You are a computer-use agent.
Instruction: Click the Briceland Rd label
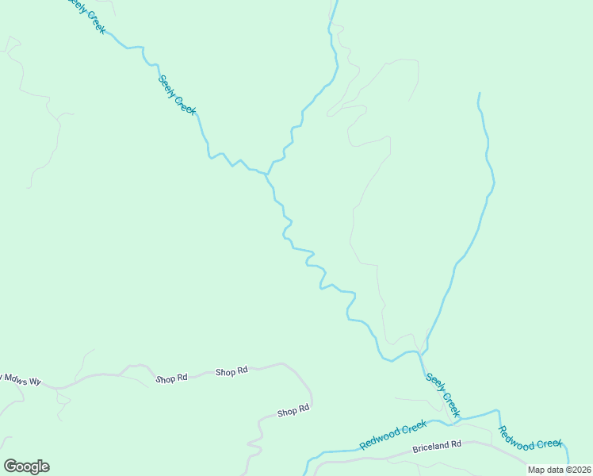436,447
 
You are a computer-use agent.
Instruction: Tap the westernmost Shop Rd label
171,378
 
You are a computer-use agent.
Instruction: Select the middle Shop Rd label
231,370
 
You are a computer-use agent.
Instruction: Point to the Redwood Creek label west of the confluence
392,435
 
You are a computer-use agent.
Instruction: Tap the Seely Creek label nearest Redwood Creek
442,394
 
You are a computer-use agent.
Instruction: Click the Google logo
26,466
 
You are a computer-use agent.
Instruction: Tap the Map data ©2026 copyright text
559,470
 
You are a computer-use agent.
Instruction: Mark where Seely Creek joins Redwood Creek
460,417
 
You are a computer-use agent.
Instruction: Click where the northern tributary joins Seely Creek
267,174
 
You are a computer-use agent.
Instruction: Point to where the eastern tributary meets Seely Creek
421,352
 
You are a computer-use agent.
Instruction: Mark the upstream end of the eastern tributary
478,94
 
